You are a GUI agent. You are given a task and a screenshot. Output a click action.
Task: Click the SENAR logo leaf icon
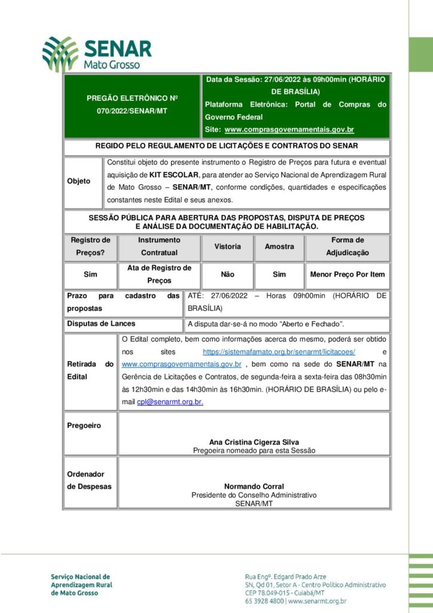click(60, 53)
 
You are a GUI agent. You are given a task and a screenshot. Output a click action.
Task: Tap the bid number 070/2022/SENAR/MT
click(132, 111)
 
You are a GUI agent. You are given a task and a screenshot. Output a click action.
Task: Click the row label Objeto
click(79, 181)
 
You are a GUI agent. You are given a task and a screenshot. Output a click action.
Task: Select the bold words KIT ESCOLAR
click(173, 174)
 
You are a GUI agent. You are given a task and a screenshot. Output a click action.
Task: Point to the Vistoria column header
click(227, 247)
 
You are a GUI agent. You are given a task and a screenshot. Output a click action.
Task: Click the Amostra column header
click(279, 247)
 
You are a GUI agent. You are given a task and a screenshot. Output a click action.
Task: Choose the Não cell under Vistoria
click(227, 274)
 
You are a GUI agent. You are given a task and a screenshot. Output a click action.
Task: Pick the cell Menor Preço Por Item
click(347, 274)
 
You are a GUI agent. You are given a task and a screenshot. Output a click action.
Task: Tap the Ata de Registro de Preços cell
click(159, 274)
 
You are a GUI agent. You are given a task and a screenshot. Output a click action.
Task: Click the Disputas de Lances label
click(101, 324)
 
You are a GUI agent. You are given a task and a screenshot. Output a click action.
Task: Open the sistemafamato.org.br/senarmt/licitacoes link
click(279, 352)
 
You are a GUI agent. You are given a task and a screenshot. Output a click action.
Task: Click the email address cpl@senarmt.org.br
click(170, 402)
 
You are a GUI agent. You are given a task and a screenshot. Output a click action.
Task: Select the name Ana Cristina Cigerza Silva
click(254, 442)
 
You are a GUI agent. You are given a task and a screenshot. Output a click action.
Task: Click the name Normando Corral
click(254, 487)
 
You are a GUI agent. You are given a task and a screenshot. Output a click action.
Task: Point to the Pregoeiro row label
click(84, 426)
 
